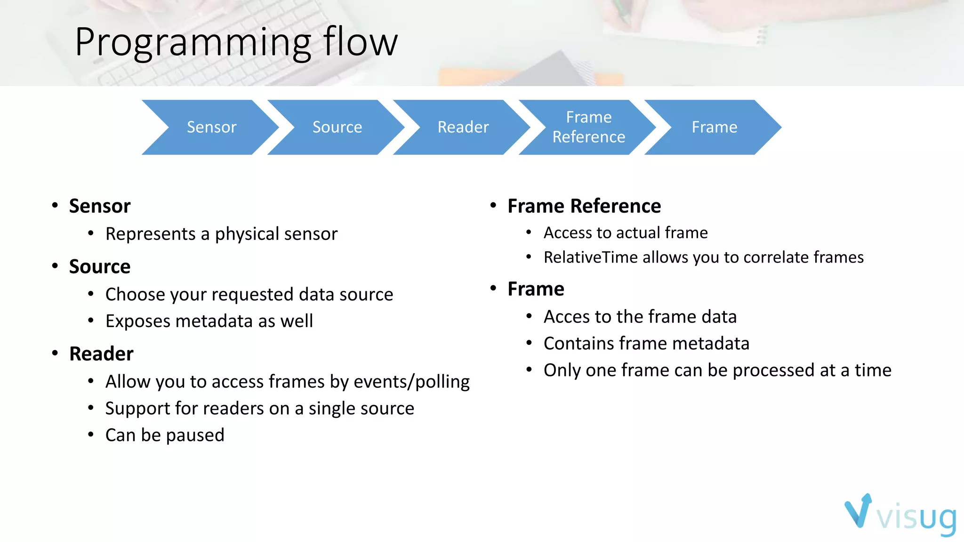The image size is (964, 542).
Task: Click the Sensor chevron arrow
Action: click(211, 127)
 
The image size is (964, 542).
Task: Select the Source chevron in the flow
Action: click(337, 127)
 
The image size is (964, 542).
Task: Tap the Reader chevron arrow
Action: click(463, 127)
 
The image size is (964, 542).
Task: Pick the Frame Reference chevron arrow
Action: click(588, 127)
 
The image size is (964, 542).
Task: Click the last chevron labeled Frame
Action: click(714, 127)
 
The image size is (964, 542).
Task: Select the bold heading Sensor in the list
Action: click(99, 206)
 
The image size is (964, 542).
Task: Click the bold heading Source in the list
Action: click(99, 267)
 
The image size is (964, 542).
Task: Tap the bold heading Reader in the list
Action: click(101, 354)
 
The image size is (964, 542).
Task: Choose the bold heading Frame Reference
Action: click(584, 206)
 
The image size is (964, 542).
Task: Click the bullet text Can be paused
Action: click(165, 435)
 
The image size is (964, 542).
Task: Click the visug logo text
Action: click(916, 518)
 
